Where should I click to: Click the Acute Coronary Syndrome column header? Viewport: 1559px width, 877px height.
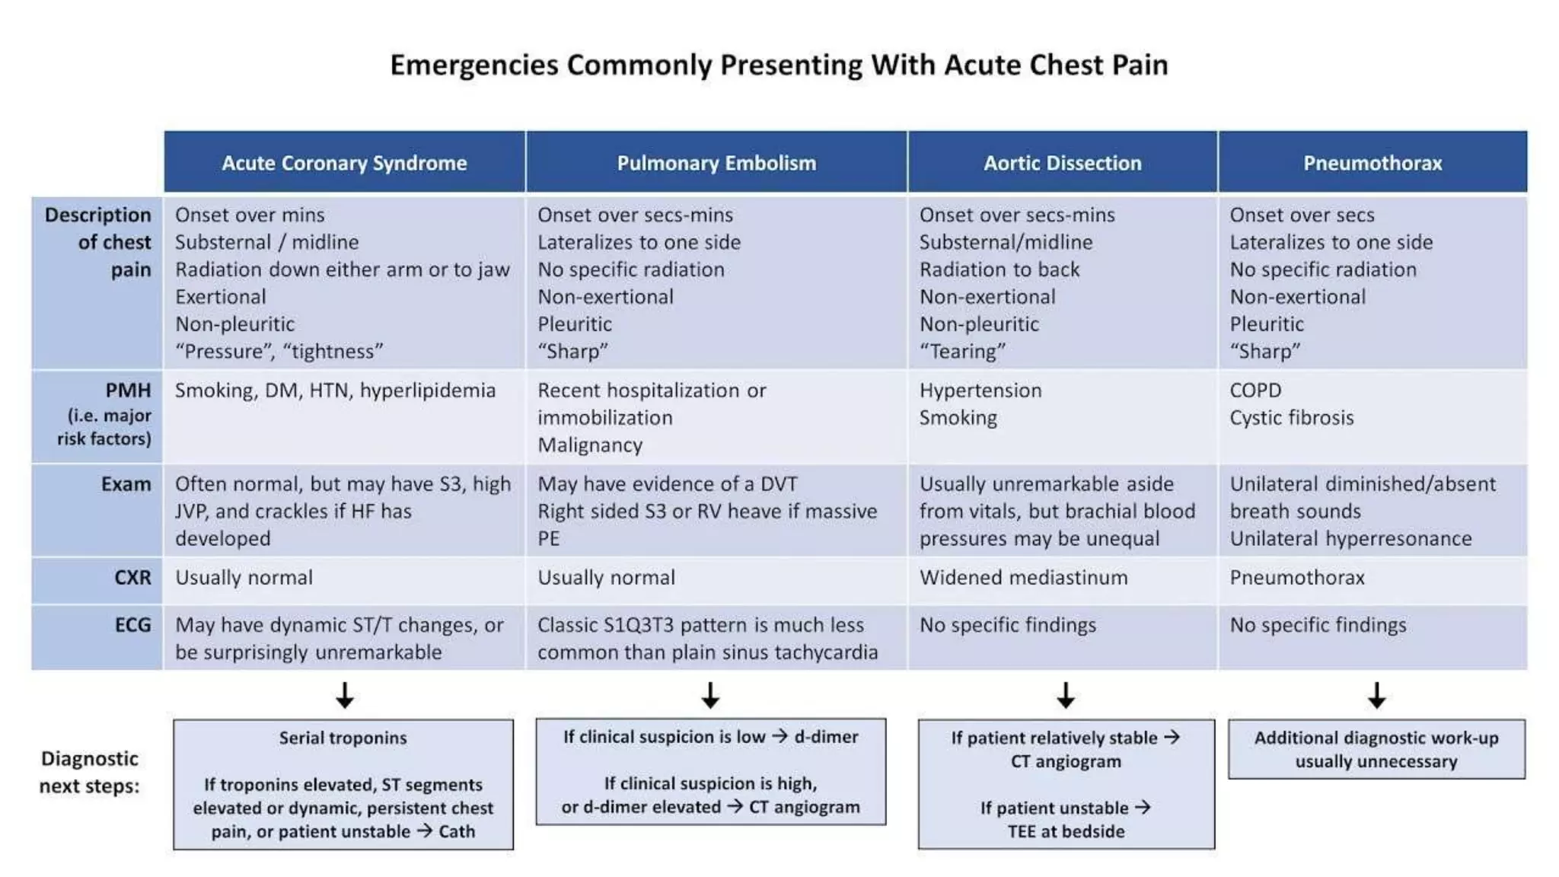(344, 163)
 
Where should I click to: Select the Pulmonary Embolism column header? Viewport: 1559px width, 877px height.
(716, 163)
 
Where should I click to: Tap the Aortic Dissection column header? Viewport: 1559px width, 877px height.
(1062, 163)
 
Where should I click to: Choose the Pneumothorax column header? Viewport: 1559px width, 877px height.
(1372, 163)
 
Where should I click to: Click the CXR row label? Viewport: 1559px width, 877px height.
(132, 578)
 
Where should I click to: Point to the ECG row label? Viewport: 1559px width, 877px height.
(132, 625)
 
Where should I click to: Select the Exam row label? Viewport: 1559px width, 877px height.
(126, 484)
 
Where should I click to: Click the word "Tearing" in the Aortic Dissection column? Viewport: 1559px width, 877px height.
(963, 352)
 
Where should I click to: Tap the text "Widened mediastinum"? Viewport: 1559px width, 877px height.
(1023, 578)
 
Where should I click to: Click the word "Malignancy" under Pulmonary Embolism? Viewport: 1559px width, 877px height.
(590, 445)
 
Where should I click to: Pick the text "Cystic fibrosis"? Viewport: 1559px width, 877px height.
(1291, 418)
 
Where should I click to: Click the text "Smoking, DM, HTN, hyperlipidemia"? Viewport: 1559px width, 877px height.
(335, 391)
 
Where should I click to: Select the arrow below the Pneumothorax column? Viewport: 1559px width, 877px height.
(1376, 695)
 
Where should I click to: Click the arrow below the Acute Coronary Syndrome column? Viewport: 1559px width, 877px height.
(345, 695)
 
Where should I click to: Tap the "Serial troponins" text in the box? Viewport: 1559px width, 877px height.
(343, 738)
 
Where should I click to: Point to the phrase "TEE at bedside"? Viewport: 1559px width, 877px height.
(1066, 831)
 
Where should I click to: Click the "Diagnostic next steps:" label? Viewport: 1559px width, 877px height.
(90, 772)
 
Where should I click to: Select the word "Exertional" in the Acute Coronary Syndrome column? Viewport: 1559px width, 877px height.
(221, 297)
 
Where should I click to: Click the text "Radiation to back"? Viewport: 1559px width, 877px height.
(999, 269)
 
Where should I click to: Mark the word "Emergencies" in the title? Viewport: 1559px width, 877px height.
(473, 65)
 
